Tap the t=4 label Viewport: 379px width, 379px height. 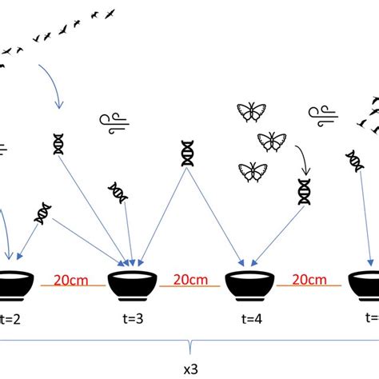coord(250,317)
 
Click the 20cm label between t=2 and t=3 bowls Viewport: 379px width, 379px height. coord(71,279)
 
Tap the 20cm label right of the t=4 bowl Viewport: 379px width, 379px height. coord(308,279)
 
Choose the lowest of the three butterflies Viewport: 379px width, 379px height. coord(252,171)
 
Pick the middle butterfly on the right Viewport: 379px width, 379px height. coord(271,142)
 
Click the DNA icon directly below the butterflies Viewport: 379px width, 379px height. coord(305,191)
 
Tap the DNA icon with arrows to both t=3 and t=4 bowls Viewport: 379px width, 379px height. coord(189,154)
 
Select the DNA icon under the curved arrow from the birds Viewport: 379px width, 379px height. coord(58,143)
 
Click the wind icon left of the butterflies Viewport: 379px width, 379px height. coord(114,121)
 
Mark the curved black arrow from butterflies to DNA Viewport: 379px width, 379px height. coord(301,158)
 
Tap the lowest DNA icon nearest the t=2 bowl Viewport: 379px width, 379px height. coord(44,213)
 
